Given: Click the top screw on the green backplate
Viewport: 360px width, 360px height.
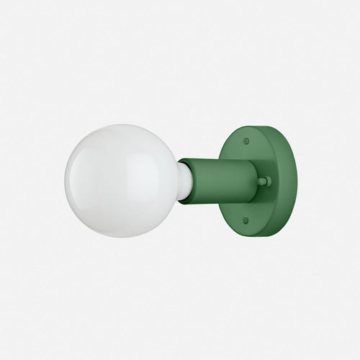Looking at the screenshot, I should [247, 142].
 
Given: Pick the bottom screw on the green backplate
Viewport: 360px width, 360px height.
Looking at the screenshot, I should [246, 220].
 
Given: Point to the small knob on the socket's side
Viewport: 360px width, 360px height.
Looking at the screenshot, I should [264, 181].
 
